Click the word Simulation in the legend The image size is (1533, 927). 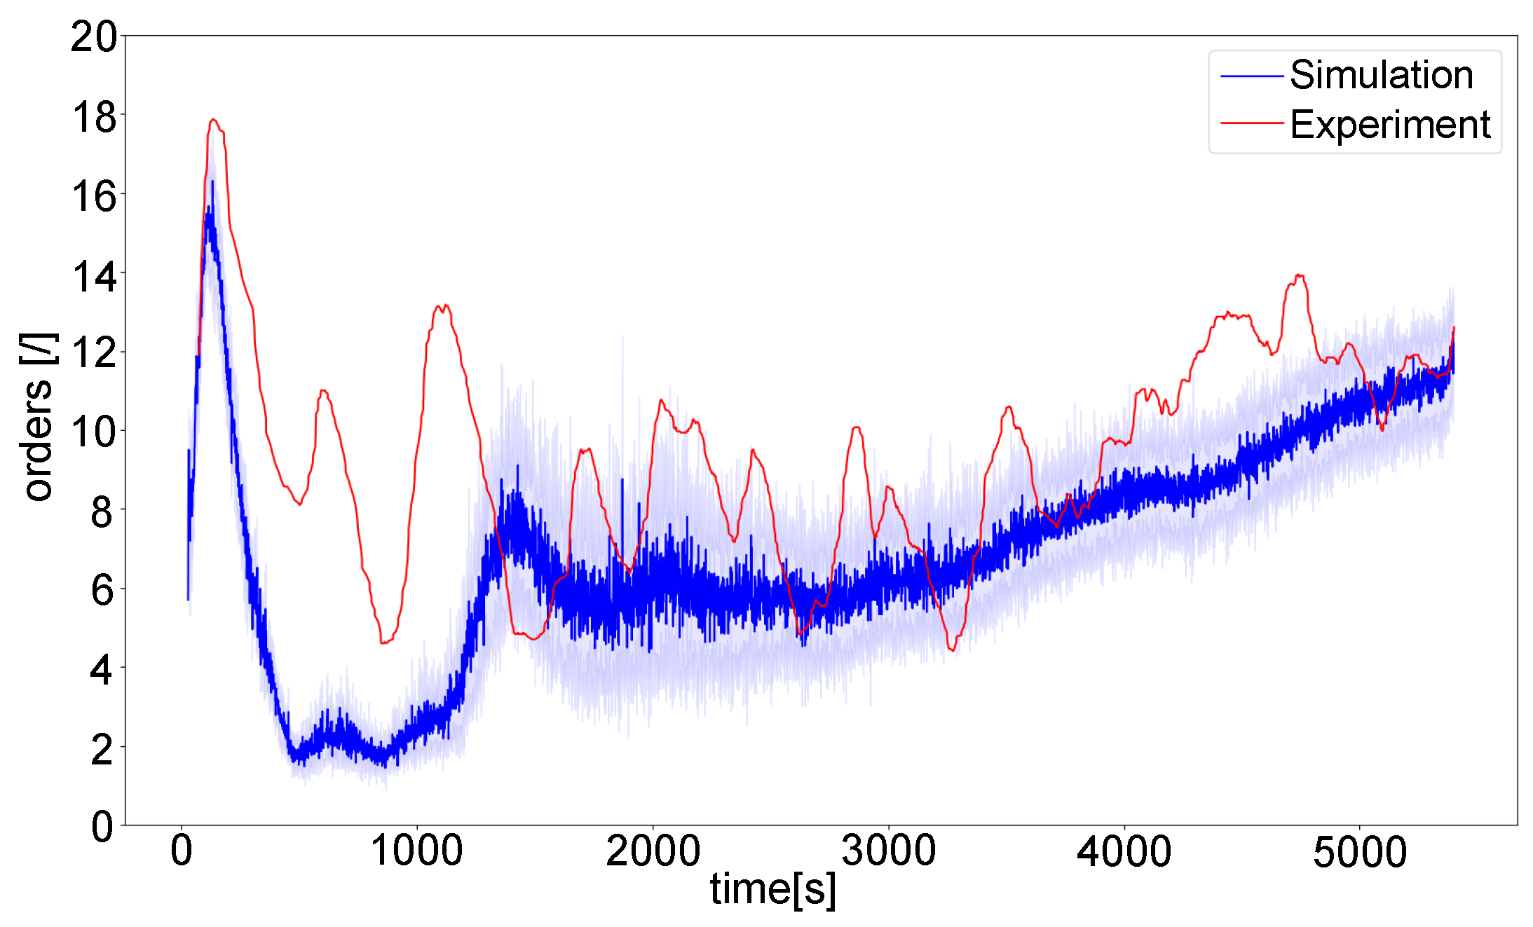click(1381, 75)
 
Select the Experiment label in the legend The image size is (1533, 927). click(1390, 125)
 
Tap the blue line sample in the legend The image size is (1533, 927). click(1251, 76)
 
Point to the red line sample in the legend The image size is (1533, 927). click(1251, 123)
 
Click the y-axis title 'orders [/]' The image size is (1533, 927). click(37, 416)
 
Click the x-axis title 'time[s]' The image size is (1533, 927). click(773, 889)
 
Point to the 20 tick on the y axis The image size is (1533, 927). click(93, 36)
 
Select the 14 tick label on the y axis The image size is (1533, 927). click(93, 277)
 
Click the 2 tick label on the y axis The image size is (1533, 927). click(102, 750)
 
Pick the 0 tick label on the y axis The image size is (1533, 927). click(102, 827)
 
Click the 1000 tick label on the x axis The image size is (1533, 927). click(416, 851)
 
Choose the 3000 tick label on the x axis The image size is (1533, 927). click(888, 851)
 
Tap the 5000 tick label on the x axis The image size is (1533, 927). click(1359, 851)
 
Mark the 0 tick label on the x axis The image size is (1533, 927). click(182, 851)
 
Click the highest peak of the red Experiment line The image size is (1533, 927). click(213, 120)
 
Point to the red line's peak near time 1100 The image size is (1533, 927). click(442, 305)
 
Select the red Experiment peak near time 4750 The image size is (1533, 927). click(1299, 275)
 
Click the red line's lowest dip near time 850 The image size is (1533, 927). click(383, 642)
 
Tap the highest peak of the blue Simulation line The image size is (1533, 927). click(212, 181)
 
